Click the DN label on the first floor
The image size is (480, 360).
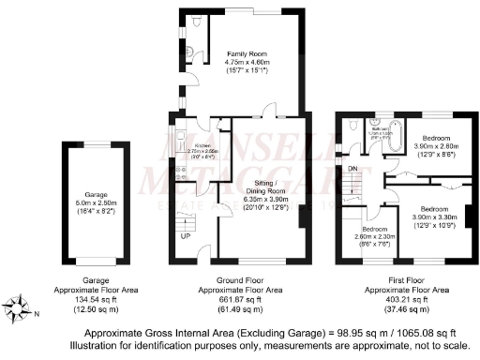(x=352, y=169)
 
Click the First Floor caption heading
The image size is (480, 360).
(x=406, y=280)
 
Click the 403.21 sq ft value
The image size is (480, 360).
(x=406, y=300)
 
